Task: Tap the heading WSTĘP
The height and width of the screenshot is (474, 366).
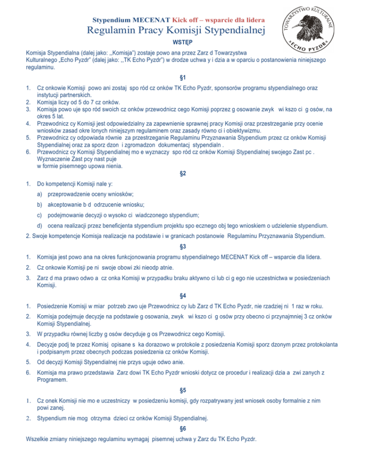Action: coord(183,43)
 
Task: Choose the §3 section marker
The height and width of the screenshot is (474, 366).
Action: coord(183,247)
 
